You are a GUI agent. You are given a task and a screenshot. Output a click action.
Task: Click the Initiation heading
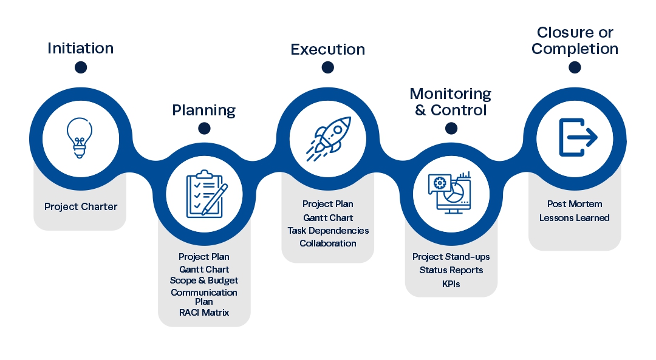(x=81, y=49)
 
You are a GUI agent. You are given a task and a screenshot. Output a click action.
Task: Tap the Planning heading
(x=204, y=110)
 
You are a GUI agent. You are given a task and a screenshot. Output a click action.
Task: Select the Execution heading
(x=328, y=50)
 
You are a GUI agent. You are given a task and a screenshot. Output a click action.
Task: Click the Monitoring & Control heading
(x=451, y=102)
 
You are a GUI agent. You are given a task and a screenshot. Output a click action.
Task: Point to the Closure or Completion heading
(x=575, y=41)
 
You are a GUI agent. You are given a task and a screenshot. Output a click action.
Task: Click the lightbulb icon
(x=80, y=137)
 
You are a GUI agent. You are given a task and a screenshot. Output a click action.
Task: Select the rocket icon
(x=328, y=137)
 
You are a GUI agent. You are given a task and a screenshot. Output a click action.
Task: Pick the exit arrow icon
(x=575, y=137)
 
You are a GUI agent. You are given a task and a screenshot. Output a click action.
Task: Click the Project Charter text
(x=81, y=207)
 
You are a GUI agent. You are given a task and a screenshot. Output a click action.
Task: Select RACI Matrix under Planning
(x=204, y=313)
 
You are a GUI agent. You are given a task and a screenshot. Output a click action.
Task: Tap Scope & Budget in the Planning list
(x=204, y=281)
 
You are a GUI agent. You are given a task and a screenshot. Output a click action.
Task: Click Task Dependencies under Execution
(x=328, y=231)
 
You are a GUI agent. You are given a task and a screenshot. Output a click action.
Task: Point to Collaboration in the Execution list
(x=328, y=243)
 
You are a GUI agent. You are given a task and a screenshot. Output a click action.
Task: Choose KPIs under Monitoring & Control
(x=451, y=284)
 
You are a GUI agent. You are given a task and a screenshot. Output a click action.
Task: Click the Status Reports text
(x=451, y=270)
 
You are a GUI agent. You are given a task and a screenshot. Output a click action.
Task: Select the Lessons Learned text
(x=574, y=218)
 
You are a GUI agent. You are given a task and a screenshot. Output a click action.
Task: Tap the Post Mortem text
(x=574, y=205)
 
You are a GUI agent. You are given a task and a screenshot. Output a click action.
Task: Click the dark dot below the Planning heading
(x=204, y=128)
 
